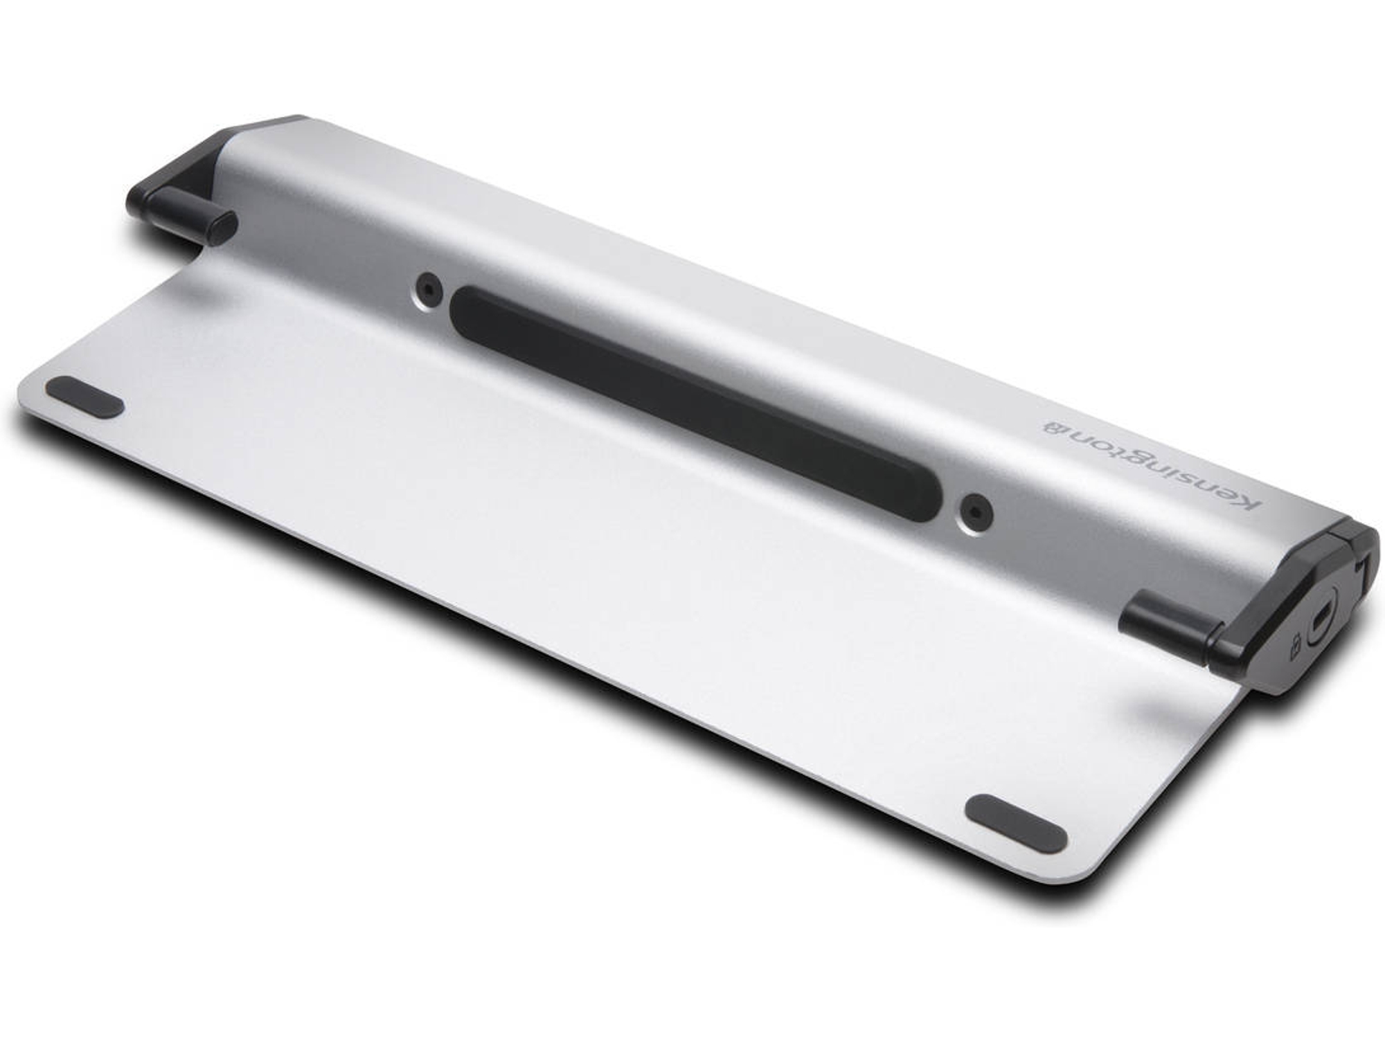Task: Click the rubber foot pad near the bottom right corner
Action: pos(1015,823)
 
